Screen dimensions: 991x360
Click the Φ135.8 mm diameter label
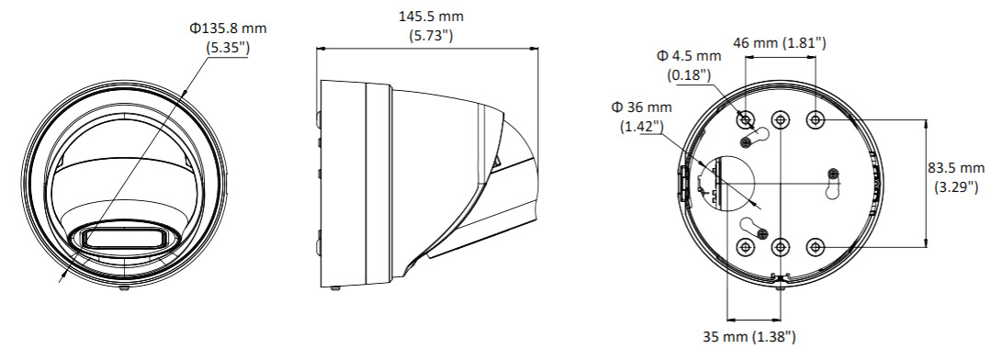[228, 28]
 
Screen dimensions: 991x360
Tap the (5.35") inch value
[228, 48]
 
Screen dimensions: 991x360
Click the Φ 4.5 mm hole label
[689, 56]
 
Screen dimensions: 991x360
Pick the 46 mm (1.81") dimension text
[779, 43]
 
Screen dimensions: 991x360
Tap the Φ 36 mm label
[641, 107]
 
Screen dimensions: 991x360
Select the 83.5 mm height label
[955, 168]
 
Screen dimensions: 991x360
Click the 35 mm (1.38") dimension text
[749, 337]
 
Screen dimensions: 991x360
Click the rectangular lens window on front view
[123, 238]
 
